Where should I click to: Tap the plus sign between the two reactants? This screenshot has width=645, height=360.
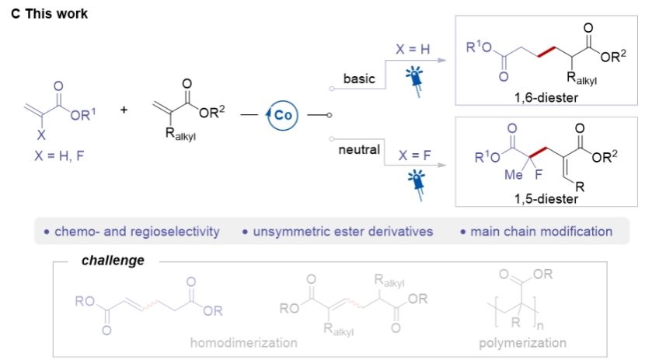(x=124, y=109)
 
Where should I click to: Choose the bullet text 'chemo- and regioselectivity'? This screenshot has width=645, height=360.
(x=131, y=231)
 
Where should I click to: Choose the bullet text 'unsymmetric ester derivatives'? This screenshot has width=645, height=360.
(x=338, y=231)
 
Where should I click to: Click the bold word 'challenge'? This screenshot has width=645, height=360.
(x=113, y=260)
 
